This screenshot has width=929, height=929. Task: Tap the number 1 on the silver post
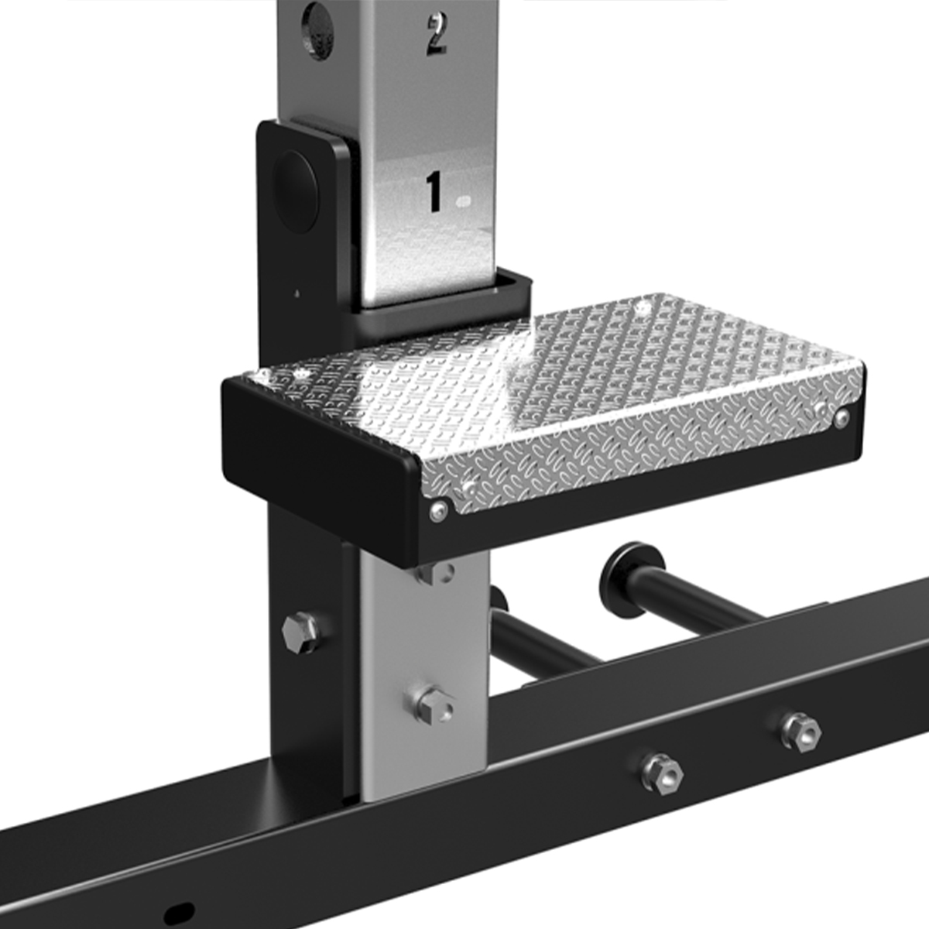(x=434, y=191)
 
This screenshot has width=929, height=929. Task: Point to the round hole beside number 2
(x=317, y=30)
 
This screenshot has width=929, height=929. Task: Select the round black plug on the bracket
(x=296, y=191)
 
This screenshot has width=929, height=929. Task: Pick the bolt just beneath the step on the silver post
(x=435, y=574)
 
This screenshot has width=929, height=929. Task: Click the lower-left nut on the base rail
(x=661, y=773)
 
